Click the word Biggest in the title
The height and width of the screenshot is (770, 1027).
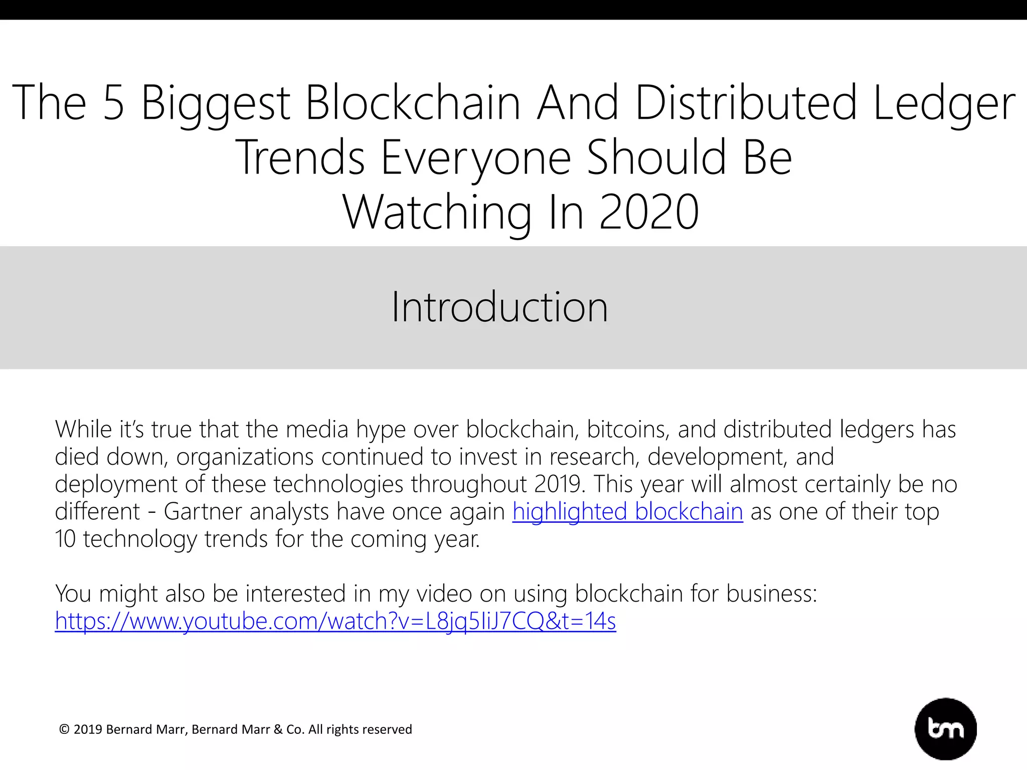click(216, 103)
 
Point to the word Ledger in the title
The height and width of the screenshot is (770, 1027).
click(944, 103)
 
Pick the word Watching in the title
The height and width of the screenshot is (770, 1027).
click(437, 213)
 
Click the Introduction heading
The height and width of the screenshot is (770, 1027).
click(499, 307)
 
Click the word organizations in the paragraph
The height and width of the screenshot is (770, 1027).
click(245, 457)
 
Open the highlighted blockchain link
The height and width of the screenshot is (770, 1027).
click(627, 512)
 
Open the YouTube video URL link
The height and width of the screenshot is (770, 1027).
click(335, 621)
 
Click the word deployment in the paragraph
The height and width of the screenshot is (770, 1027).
click(116, 485)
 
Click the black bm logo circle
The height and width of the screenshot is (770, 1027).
click(945, 728)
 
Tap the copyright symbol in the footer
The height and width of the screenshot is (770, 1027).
click(64, 729)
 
